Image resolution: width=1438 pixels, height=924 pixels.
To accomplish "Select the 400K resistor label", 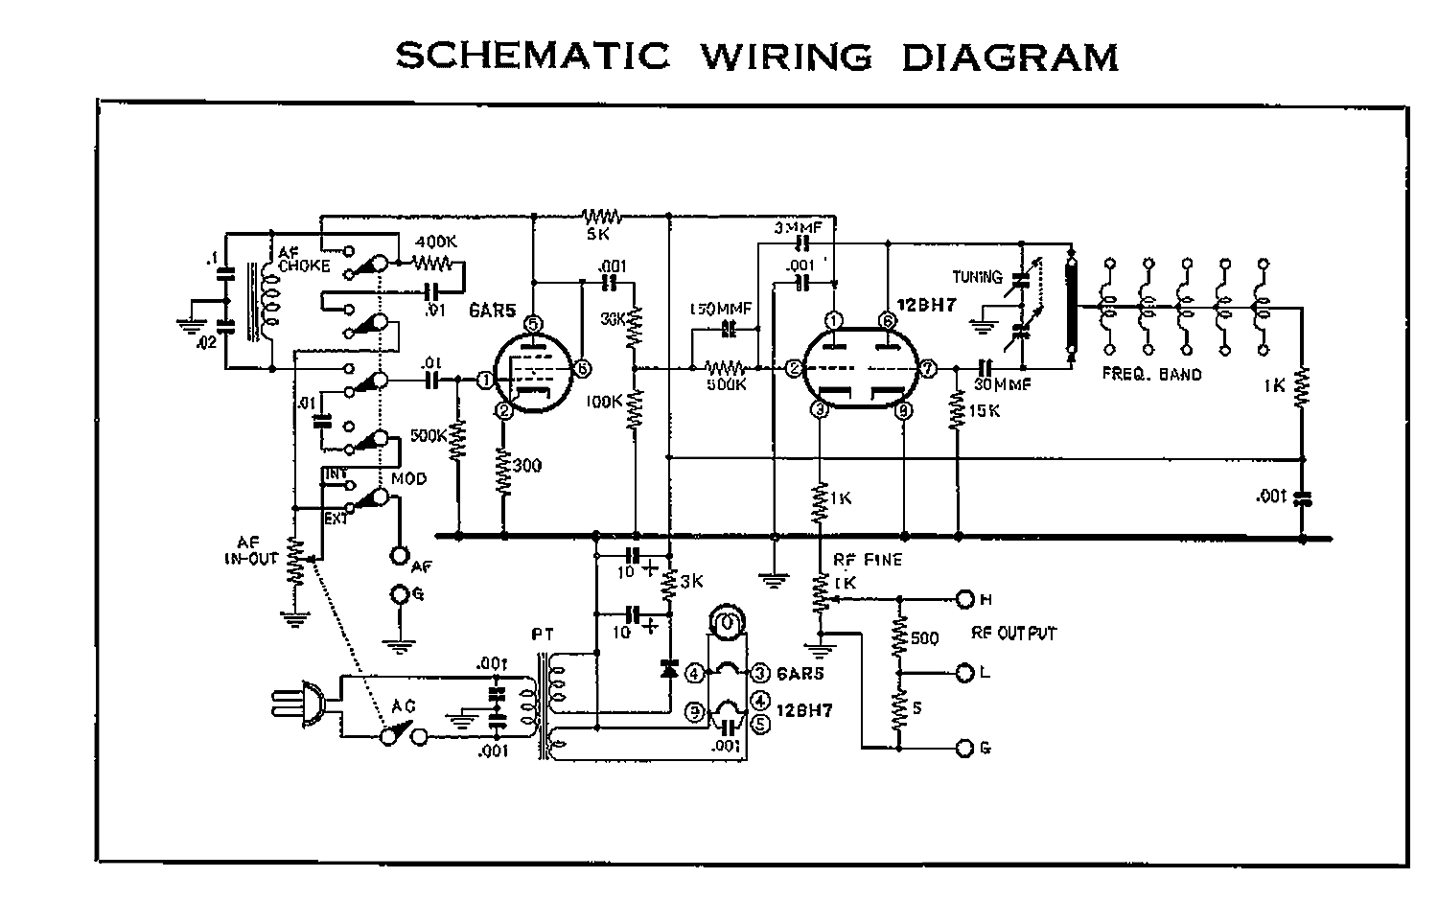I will coord(435,243).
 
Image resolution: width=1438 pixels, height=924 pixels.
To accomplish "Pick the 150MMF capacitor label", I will coord(721,309).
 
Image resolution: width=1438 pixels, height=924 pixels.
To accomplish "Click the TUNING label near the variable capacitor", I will coord(977,277).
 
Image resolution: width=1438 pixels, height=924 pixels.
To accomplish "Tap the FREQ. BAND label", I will coord(1151,374).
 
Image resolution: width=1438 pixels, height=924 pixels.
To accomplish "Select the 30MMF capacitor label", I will coord(1003,385).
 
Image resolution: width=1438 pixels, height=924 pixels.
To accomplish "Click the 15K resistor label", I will coord(984,410).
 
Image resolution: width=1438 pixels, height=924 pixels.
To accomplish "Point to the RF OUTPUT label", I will coord(1013,634).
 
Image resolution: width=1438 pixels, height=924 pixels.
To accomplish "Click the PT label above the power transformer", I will coord(542,634).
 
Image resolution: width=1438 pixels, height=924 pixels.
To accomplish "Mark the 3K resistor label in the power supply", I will coord(692,580).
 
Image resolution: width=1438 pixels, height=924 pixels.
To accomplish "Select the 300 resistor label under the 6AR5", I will coord(526,466).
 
